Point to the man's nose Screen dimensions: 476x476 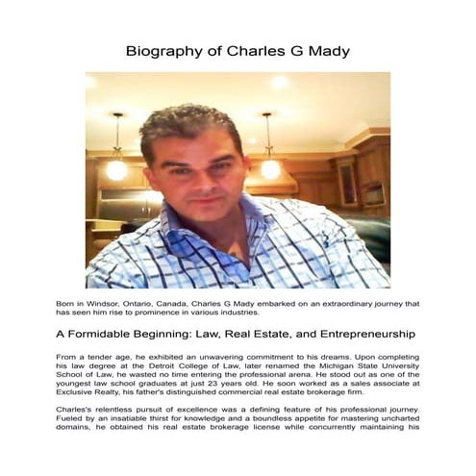point(204,176)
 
